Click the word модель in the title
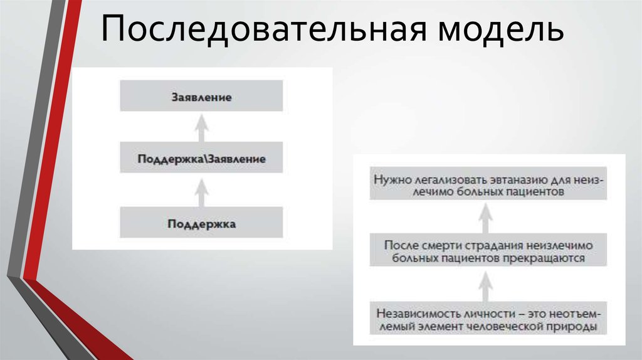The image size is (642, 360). [x=496, y=31]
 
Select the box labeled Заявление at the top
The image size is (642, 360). [x=201, y=97]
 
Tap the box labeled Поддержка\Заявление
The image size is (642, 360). [x=201, y=159]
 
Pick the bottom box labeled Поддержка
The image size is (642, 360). [x=201, y=223]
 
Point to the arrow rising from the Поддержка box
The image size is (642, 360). [x=201, y=191]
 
